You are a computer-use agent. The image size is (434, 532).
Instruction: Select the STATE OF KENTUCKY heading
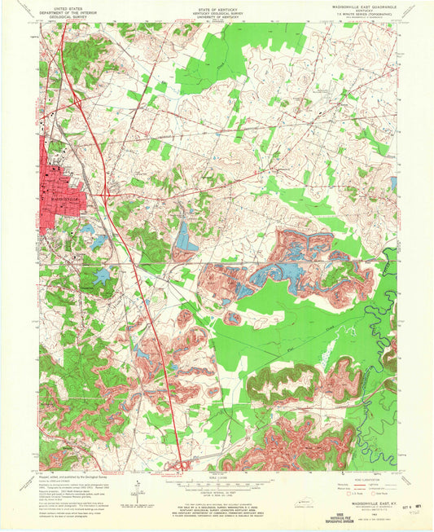pos(217,6)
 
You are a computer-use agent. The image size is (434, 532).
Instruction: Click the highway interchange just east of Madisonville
pos(106,194)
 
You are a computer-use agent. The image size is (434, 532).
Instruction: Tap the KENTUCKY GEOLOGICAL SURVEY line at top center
pos(217,11)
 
